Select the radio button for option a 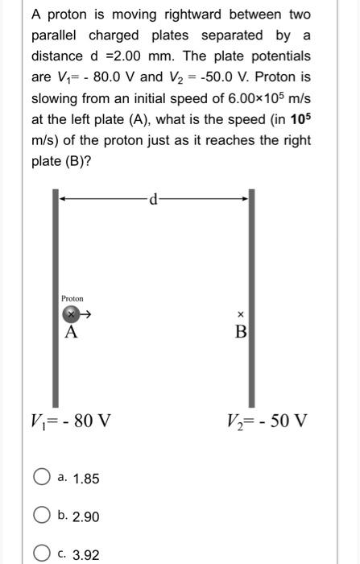(43, 479)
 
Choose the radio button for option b (43, 516)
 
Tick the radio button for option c (43, 554)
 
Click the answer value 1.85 (85, 479)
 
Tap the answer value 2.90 (85, 516)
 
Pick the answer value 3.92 (85, 554)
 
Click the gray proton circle (71, 314)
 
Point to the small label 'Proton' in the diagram (72, 298)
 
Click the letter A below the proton (71, 332)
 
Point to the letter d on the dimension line (153, 196)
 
